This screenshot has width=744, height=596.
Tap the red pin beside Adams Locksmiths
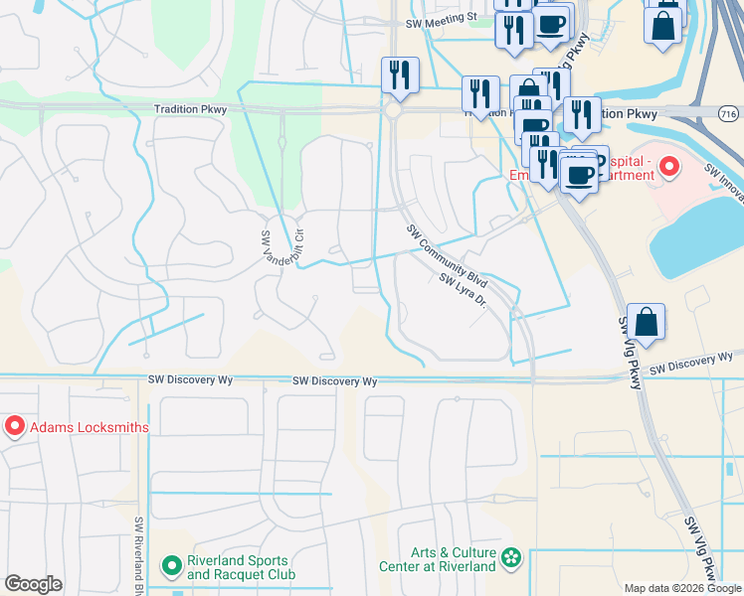[x=15, y=427]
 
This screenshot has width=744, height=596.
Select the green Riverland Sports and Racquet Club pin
[x=171, y=566]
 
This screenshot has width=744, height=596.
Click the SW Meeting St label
[x=443, y=23]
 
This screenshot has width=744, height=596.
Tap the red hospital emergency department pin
[x=669, y=165]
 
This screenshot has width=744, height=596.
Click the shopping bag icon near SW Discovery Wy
[x=646, y=322]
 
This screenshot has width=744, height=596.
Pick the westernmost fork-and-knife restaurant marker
[x=400, y=74]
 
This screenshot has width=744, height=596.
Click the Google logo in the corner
[x=33, y=584]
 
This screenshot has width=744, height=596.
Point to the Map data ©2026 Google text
[x=682, y=588]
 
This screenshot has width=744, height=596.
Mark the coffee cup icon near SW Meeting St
[x=552, y=23]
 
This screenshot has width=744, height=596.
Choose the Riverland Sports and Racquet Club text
[x=240, y=568]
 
